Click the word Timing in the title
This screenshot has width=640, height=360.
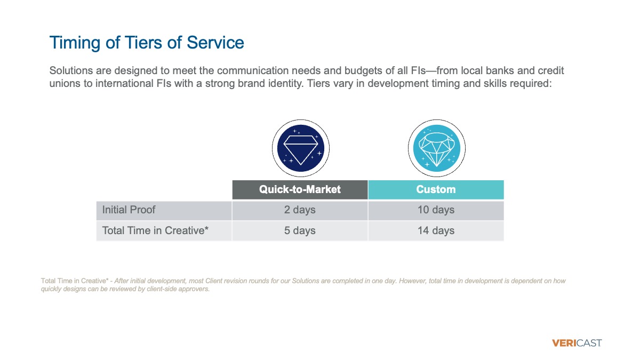pyautogui.click(x=75, y=43)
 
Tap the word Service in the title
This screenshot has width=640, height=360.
pyautogui.click(x=215, y=43)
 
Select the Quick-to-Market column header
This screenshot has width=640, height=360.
pyautogui.click(x=300, y=190)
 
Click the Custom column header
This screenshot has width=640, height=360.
pyautogui.click(x=436, y=190)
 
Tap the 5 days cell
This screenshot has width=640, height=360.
pyautogui.click(x=300, y=231)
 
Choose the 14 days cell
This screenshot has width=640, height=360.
pyautogui.click(x=436, y=231)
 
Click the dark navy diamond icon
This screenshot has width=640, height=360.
pyautogui.click(x=301, y=148)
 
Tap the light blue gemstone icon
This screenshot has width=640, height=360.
pyautogui.click(x=437, y=148)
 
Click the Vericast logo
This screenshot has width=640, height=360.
pyautogui.click(x=577, y=343)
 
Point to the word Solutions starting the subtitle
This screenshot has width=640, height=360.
pyautogui.click(x=71, y=70)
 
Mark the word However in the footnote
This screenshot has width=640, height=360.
pyautogui.click(x=412, y=281)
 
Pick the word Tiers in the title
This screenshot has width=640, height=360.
pyautogui.click(x=143, y=43)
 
